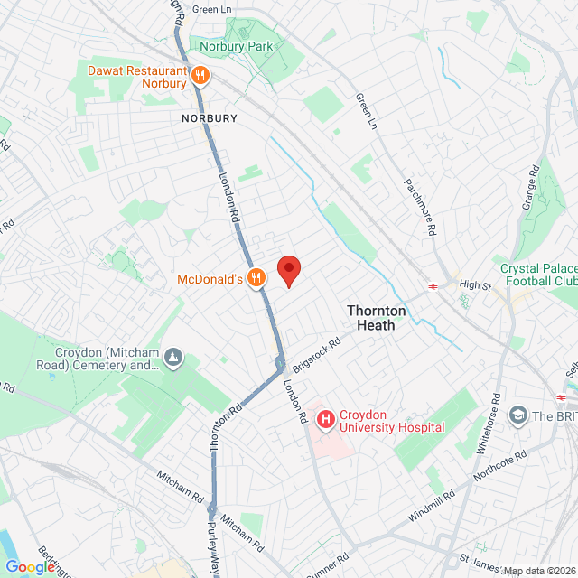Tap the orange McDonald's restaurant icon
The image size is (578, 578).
[x=257, y=279]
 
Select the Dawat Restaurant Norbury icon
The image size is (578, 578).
[x=200, y=77]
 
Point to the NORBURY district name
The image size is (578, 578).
[x=208, y=118]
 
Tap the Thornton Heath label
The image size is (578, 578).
[x=378, y=317]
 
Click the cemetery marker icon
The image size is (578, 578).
[x=173, y=359]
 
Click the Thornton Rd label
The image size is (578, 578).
[x=226, y=425]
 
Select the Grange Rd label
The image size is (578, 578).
[x=530, y=188]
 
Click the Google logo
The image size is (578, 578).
[x=30, y=567]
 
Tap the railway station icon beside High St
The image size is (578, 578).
[x=433, y=285]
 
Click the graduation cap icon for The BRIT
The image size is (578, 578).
[x=518, y=415]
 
